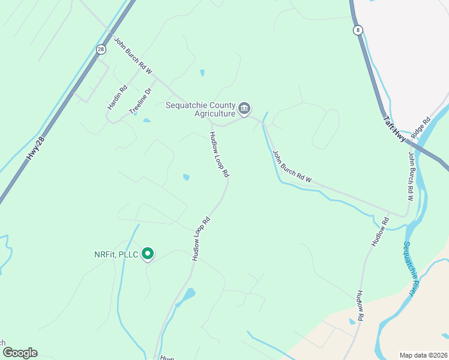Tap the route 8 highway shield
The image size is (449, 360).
point(358,30)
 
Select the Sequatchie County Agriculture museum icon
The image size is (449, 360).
point(244,109)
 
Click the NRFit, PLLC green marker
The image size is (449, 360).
point(148,254)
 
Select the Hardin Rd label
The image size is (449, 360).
point(118,97)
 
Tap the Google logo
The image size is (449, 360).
point(20,353)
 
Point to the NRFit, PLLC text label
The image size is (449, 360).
point(116,255)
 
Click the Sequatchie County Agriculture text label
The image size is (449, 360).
point(200,109)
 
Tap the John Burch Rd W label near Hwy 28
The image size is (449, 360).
point(133,57)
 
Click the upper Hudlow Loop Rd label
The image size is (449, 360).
point(219,154)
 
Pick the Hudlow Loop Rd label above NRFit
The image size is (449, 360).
point(200,238)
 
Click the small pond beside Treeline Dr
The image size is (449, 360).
point(146,121)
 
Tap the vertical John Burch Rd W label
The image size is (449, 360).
point(411,172)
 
